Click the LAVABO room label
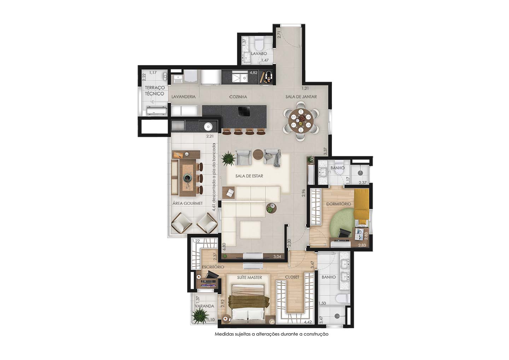click(x=259, y=54)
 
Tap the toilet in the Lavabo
click(x=259, y=45)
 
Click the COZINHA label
click(x=238, y=97)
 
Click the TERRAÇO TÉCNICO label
click(x=154, y=91)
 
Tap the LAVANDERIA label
click(x=183, y=97)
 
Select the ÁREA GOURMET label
click(x=187, y=203)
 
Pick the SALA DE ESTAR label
click(x=249, y=176)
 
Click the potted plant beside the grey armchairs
click(x=228, y=158)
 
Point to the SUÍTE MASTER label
click(x=250, y=278)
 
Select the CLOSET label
click(x=292, y=277)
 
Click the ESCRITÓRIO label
click(x=213, y=267)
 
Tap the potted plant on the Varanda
click(x=200, y=316)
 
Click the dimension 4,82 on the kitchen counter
click(x=253, y=73)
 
